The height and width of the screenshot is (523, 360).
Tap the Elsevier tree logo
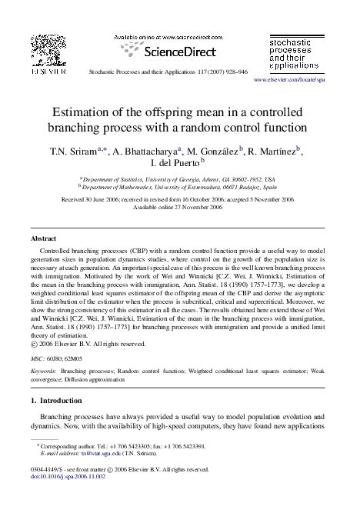coord(48,47)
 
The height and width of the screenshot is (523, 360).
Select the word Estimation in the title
coord(83,110)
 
